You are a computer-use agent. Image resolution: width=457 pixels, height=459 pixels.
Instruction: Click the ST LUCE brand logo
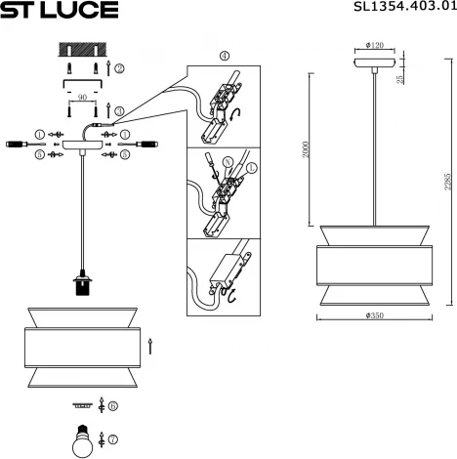tap(60, 11)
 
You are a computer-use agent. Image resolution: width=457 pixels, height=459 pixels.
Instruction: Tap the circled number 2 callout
tap(119, 68)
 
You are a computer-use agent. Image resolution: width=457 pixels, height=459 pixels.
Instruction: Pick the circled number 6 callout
tap(113, 405)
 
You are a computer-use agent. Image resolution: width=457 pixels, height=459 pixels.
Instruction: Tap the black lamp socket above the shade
tap(82, 285)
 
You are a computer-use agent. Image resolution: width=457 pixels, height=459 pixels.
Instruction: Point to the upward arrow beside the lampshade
tap(149, 345)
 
